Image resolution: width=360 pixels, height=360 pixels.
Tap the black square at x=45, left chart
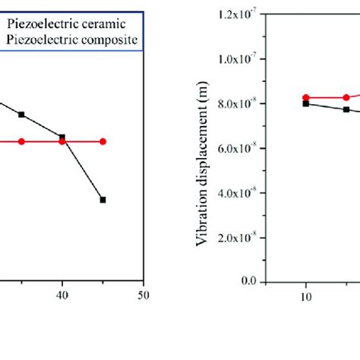103,200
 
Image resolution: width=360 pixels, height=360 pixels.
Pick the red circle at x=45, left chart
103,141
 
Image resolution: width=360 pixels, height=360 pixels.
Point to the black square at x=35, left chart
21,114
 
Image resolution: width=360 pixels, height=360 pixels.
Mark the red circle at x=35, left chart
21,141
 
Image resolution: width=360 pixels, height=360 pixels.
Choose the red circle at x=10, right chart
305,97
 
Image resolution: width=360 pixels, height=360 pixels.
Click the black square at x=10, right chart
305,103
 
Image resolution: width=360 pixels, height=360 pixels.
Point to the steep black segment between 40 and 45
83,169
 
